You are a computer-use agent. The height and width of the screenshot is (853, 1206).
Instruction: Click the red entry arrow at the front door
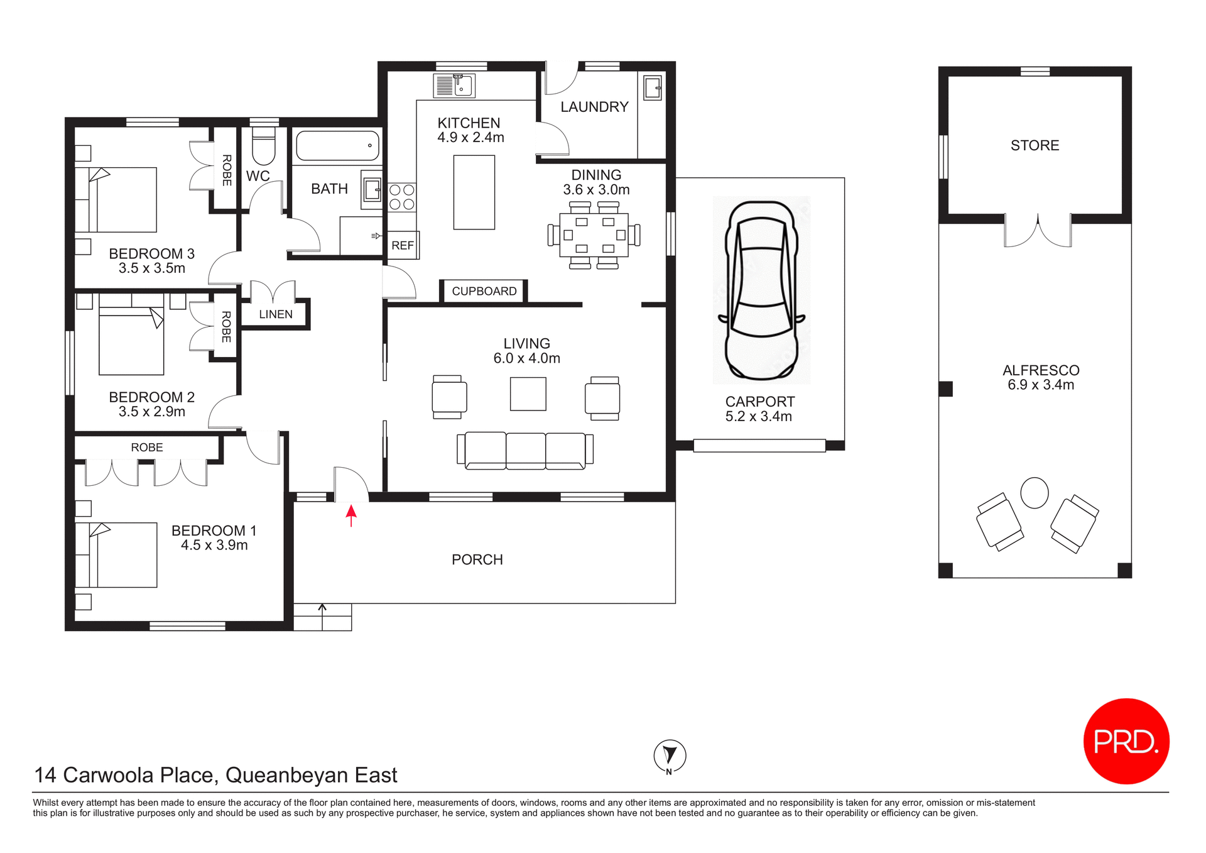click(x=351, y=515)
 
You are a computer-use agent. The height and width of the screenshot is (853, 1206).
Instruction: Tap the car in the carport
click(x=761, y=290)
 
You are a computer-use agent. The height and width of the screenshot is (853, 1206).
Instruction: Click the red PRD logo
click(x=1126, y=741)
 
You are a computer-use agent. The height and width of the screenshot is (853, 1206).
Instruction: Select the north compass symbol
click(x=670, y=756)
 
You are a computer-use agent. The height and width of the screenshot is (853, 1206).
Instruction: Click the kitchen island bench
click(x=474, y=192)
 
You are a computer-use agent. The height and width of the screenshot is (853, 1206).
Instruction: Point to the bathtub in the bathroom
click(x=337, y=146)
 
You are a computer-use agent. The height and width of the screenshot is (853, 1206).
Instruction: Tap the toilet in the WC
click(x=263, y=146)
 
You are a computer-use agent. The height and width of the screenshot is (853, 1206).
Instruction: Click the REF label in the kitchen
click(x=403, y=246)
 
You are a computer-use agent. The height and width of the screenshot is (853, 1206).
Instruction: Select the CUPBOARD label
click(x=484, y=291)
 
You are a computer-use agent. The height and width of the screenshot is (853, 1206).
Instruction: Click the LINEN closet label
click(x=276, y=314)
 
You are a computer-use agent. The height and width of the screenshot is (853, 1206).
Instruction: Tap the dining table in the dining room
click(x=594, y=235)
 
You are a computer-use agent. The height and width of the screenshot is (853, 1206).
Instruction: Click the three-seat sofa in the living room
click(x=525, y=451)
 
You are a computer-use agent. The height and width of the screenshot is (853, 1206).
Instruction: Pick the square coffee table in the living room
click(x=528, y=393)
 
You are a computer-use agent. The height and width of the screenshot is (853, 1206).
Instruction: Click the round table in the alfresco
click(x=1034, y=492)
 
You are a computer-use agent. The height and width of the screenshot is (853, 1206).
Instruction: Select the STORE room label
click(x=1035, y=145)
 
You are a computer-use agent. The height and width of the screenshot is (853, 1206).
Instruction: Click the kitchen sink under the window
click(x=454, y=85)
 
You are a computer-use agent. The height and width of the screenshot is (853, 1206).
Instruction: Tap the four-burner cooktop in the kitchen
click(x=401, y=197)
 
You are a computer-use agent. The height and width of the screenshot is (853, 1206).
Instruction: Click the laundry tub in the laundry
click(x=653, y=87)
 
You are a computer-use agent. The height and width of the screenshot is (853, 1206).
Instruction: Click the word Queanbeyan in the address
click(x=286, y=775)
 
